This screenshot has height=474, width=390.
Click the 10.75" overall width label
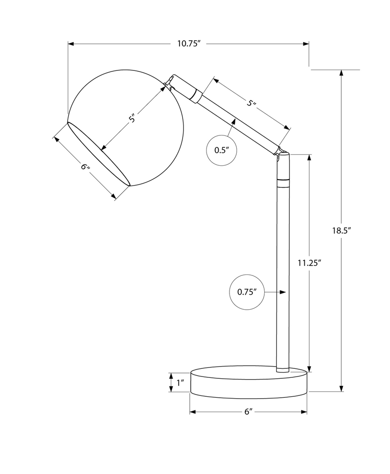188,44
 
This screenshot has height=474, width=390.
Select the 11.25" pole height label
309,262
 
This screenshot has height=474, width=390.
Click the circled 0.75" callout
247,292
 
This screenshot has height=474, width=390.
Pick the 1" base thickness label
180,383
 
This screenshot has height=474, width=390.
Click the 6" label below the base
248,412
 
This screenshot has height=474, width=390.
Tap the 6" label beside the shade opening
86,167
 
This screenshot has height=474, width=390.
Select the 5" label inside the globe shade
133,119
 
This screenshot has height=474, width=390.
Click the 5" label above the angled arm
252,103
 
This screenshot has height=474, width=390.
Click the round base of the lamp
248,383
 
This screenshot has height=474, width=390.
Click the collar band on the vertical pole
283,182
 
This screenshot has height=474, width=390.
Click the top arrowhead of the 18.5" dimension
341,73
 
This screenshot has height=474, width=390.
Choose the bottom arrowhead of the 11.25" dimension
309,368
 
